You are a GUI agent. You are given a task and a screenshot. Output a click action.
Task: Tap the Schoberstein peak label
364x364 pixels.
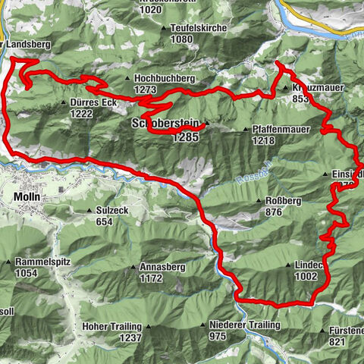tap(164, 124)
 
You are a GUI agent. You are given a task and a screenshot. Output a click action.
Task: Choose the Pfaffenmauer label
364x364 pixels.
tap(281, 130)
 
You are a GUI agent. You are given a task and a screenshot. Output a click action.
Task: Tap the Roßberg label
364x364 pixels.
tap(284, 201)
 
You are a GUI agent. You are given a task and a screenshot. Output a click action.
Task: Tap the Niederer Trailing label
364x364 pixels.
tap(243, 325)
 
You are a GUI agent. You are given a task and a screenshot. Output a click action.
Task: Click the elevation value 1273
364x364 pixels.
tap(143, 90)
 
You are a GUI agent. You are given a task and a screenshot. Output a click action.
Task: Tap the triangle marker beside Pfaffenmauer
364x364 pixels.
tap(246, 130)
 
